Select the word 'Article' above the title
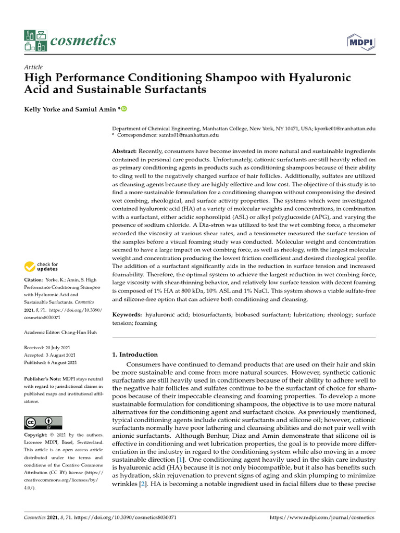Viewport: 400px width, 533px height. pos(33,67)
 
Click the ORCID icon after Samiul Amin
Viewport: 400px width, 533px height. pos(124,109)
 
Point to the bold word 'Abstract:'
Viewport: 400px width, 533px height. pos(125,150)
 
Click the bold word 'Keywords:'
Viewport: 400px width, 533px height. pos(128,315)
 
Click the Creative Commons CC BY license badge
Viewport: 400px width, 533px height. pos(43,422)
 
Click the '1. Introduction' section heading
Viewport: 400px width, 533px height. pos(135,354)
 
